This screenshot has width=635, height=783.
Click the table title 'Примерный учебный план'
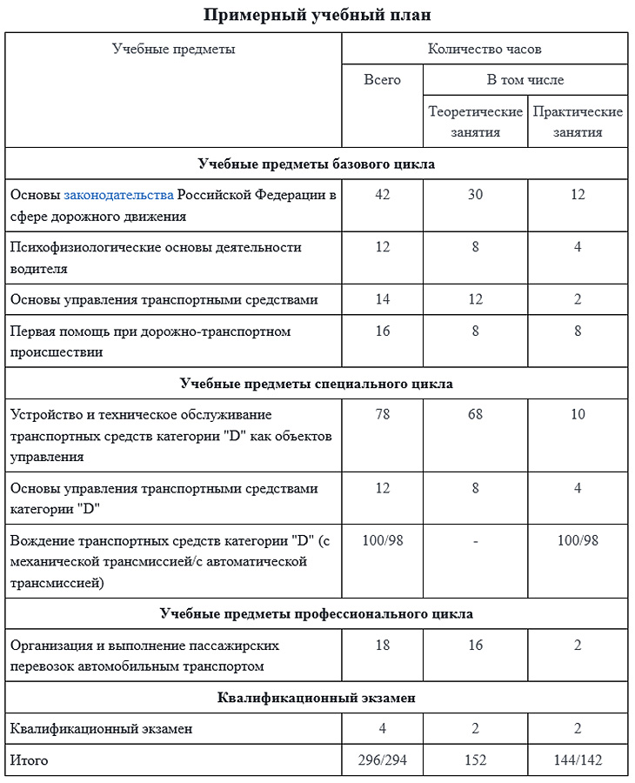317,15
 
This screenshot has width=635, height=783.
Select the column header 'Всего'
382,80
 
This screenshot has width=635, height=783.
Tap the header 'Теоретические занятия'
475,122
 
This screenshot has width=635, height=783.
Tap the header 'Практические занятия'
578,122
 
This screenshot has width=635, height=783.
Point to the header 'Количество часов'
485,49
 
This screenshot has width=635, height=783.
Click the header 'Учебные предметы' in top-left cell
174,49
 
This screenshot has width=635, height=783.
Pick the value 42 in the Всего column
382,195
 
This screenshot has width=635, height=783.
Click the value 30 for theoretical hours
475,195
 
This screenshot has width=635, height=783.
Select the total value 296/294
382,760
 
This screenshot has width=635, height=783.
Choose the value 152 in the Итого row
475,760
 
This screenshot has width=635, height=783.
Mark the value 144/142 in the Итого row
578,760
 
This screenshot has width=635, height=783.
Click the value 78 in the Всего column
382,415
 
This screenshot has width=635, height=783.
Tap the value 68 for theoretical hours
475,415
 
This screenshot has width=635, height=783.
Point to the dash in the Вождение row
475,541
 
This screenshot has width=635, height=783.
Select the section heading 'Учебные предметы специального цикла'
317,384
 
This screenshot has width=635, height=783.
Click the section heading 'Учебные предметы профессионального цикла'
317,614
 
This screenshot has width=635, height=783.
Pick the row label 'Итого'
29,760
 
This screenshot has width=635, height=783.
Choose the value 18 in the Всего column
382,646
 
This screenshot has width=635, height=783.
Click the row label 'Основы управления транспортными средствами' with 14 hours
164,300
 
